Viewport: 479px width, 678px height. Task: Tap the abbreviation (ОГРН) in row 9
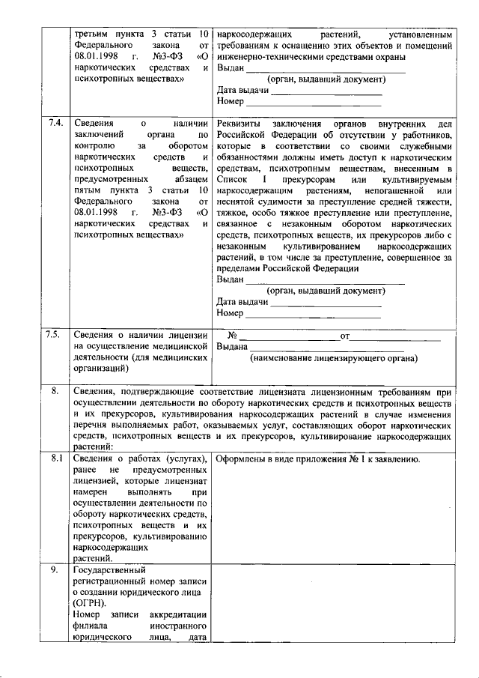(89, 603)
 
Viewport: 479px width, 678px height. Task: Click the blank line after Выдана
(327, 348)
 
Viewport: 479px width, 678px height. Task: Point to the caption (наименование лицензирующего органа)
(334, 359)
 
